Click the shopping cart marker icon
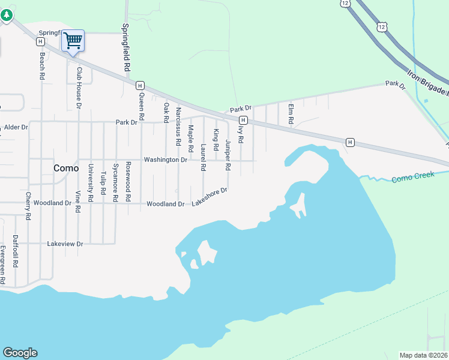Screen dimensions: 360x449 (73, 41)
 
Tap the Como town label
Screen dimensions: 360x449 (66, 169)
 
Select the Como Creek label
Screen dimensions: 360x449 (412, 179)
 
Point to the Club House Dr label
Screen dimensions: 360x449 (78, 88)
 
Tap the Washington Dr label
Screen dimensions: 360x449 (166, 160)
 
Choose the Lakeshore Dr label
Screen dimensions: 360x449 (209, 197)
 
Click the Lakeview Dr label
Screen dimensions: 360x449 (65, 244)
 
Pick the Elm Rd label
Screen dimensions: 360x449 (291, 115)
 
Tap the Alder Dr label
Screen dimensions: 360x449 (16, 128)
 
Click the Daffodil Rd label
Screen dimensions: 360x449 (16, 251)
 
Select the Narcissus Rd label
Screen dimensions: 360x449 (178, 127)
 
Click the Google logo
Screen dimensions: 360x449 (20, 353)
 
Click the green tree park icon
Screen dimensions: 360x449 (6, 15)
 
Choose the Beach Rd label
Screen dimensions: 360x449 (42, 67)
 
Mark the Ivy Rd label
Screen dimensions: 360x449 (241, 133)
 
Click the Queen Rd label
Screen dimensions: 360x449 (142, 106)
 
